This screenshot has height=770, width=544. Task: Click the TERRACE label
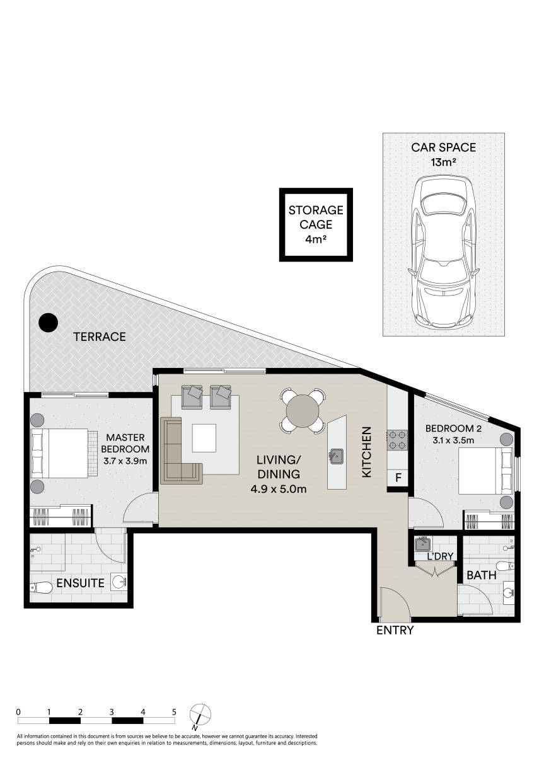pos(100,336)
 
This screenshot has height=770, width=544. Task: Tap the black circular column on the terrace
pos(47,323)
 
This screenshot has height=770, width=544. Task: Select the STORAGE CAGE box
pos(316,224)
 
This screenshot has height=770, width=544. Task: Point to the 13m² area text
pos(443,162)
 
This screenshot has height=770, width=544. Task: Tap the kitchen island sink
pos(337,453)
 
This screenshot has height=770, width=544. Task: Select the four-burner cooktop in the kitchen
pos(397,439)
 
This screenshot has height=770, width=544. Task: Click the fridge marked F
pos(398,478)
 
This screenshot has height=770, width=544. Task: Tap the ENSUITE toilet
pos(42,588)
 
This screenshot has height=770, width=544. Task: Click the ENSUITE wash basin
pos(118,582)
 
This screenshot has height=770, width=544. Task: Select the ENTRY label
pos(395,630)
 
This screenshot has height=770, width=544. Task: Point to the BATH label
pos(481,575)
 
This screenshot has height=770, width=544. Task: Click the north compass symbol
pos(200,715)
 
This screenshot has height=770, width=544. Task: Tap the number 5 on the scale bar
pos(174,711)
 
